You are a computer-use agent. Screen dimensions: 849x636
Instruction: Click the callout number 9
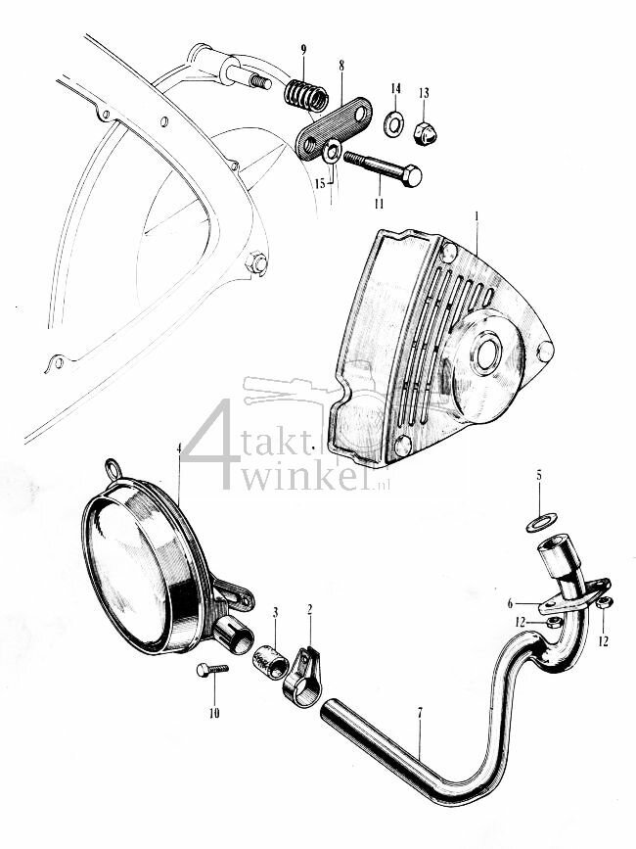pos(302,49)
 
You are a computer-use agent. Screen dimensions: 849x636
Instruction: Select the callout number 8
pos(341,66)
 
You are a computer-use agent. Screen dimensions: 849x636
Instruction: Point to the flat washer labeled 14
pos(394,123)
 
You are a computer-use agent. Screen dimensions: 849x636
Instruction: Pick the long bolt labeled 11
pos(382,168)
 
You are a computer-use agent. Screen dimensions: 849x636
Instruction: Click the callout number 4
pos(179,449)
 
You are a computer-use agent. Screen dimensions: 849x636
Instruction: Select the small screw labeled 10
pos(210,669)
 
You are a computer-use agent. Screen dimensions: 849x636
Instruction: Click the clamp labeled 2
pos(301,676)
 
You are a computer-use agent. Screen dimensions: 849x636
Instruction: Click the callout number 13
pos(424,92)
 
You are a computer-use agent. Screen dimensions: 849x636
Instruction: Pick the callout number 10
pos(214,713)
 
